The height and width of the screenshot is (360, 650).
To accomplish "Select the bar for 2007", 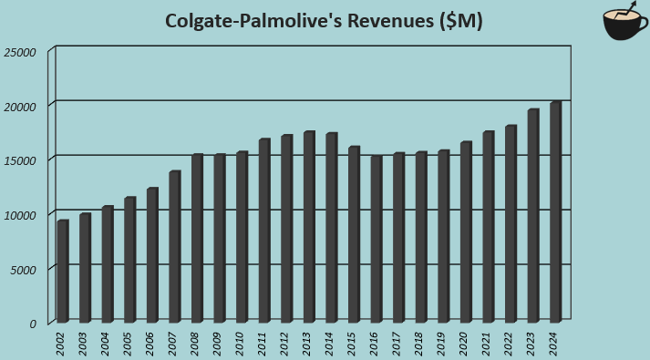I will coord(174,247).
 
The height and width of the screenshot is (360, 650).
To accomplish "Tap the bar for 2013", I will coord(308,227).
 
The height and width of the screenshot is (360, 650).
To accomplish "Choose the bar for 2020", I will coord(465,232).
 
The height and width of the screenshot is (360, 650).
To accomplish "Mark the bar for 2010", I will coord(242,238).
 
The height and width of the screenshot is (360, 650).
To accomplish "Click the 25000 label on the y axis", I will coord(20,52).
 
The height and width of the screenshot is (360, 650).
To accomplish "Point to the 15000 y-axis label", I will coord(20,160).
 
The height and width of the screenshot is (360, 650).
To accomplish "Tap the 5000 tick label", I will coord(23,269).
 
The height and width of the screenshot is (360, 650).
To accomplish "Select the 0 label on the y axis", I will coord(32,323).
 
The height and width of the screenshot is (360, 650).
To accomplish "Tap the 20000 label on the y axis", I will coord(20,106).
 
